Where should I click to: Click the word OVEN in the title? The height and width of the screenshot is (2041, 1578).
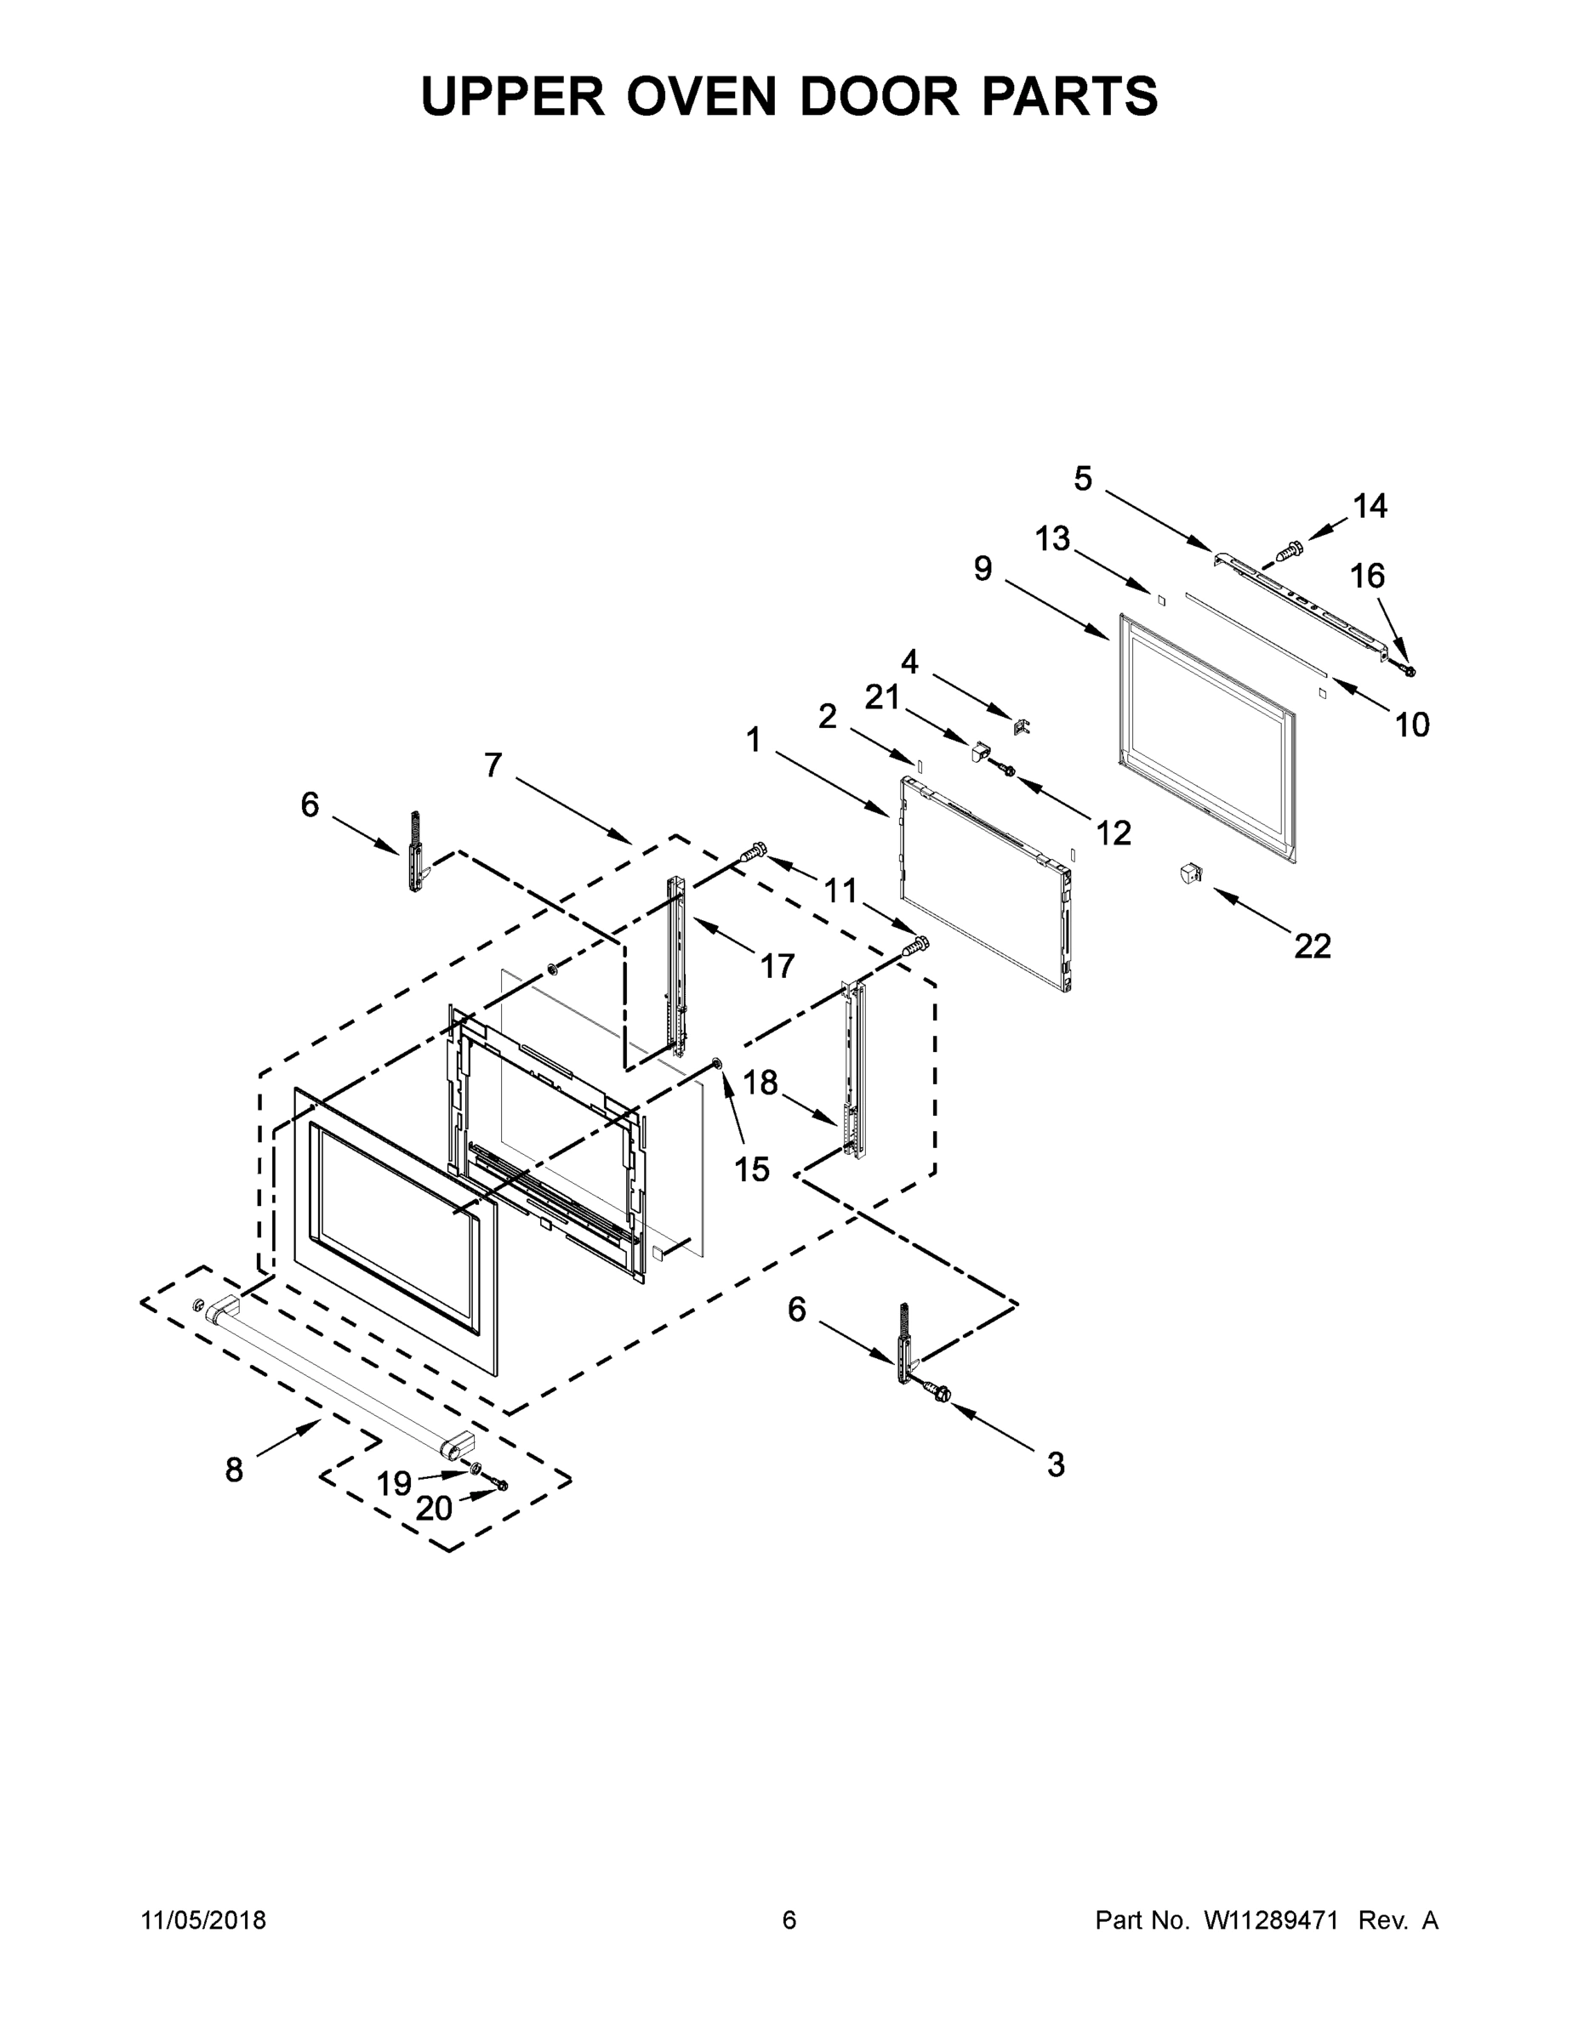(x=701, y=95)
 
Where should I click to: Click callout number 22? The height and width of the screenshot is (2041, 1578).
(x=1312, y=947)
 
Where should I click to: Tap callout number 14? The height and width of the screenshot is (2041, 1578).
(x=1370, y=507)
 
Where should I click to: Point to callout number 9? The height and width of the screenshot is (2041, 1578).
(x=983, y=568)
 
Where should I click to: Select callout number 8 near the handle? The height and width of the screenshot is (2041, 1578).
(x=234, y=1471)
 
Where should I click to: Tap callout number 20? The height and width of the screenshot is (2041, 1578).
(x=434, y=1509)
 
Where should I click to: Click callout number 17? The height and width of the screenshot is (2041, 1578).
(x=777, y=965)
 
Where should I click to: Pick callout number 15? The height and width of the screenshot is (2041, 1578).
(x=752, y=1168)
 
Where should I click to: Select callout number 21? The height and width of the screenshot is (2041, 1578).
(x=881, y=697)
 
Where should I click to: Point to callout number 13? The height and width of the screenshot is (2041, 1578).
(x=1052, y=539)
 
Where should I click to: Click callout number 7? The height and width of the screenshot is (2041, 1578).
(x=493, y=765)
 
